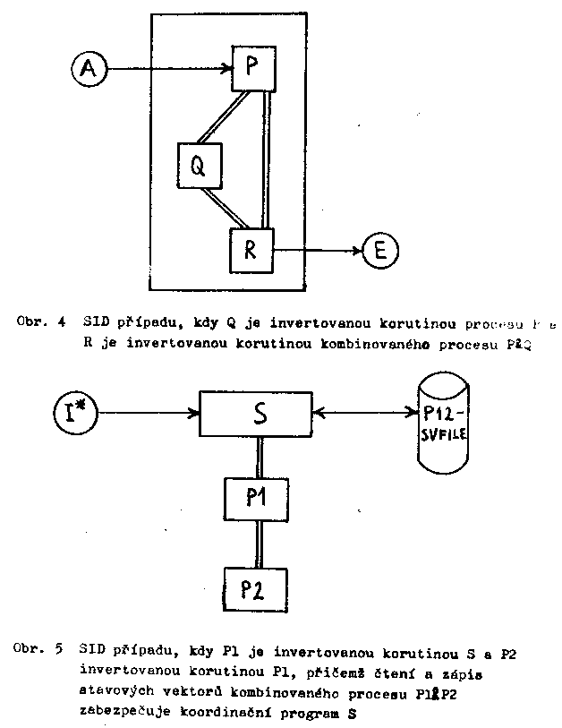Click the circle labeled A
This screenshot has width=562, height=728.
click(89, 67)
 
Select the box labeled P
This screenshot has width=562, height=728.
click(251, 67)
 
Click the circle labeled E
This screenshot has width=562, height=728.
click(380, 251)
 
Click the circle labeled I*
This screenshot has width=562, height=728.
click(76, 414)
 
